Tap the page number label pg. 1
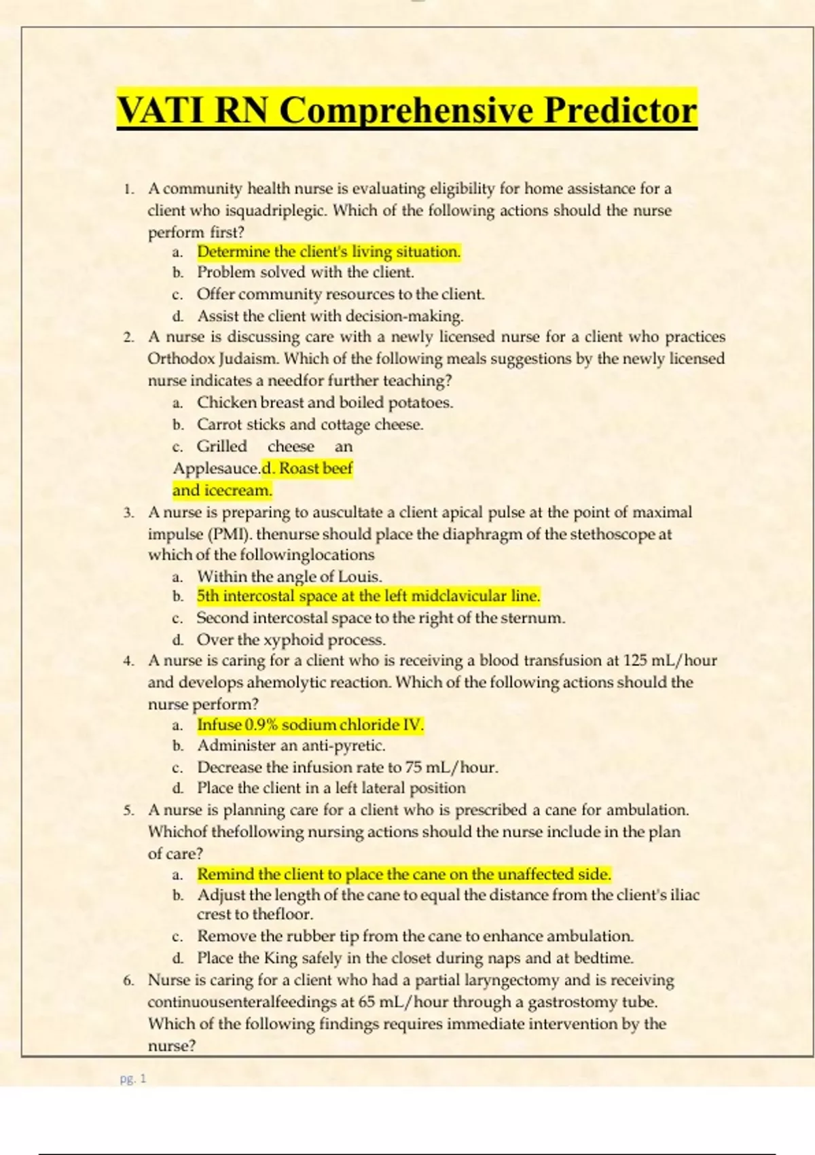133,1078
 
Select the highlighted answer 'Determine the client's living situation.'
329,251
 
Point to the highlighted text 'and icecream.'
222,490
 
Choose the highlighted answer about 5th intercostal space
368,596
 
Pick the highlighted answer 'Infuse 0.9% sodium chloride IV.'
310,725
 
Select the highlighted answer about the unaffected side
404,874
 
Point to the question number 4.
128,660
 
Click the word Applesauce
216,469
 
